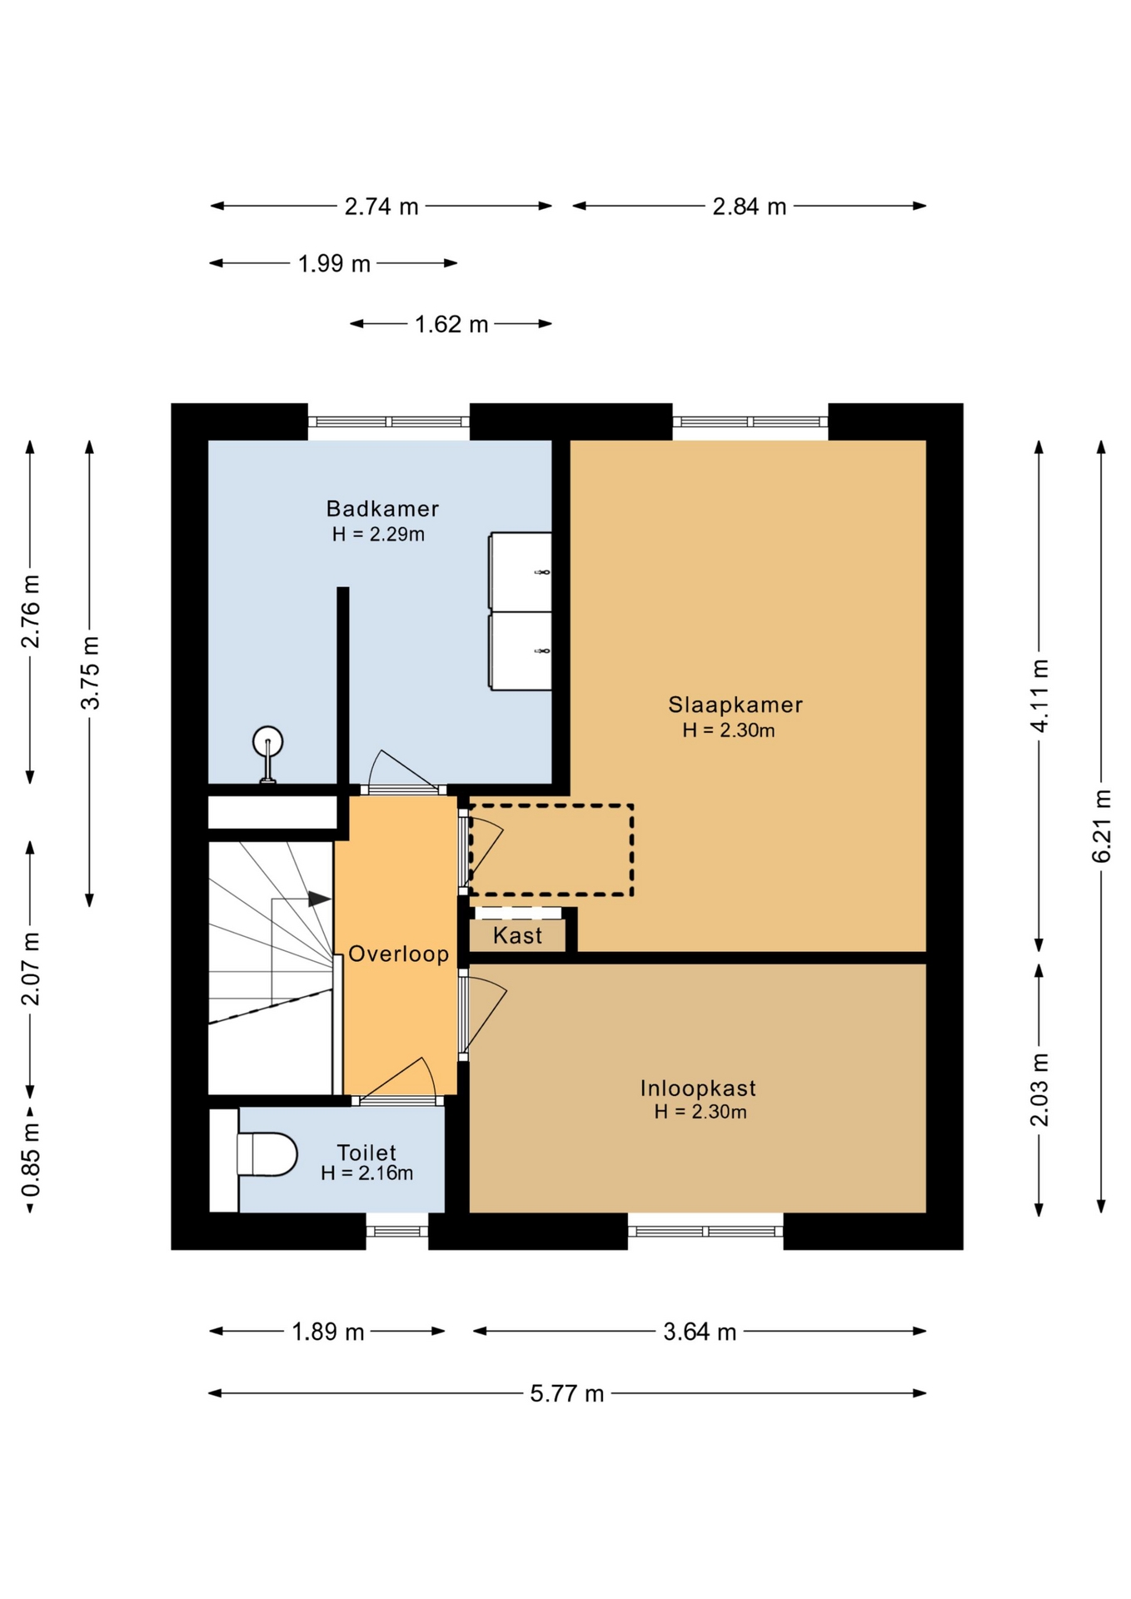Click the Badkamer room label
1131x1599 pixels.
coord(382,508)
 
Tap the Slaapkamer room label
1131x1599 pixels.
coord(735,705)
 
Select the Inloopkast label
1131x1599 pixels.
coord(698,1088)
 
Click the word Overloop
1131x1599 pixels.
coord(398,954)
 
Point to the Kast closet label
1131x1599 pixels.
coord(517,935)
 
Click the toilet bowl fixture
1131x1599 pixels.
coord(267,1154)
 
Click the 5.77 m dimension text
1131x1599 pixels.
coord(567,1393)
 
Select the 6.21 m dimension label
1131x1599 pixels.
coord(1101,825)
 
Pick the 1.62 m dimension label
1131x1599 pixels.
coord(451,324)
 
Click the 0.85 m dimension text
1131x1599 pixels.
coord(31,1158)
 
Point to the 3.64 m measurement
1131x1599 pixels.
coord(700,1332)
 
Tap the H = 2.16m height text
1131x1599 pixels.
coord(367,1173)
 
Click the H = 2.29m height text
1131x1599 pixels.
coord(378,534)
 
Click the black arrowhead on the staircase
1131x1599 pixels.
coord(320,899)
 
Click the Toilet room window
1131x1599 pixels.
coord(397,1231)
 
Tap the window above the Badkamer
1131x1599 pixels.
coord(389,421)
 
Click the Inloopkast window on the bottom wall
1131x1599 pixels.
coord(705,1231)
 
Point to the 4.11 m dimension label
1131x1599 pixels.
coord(1039,695)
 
